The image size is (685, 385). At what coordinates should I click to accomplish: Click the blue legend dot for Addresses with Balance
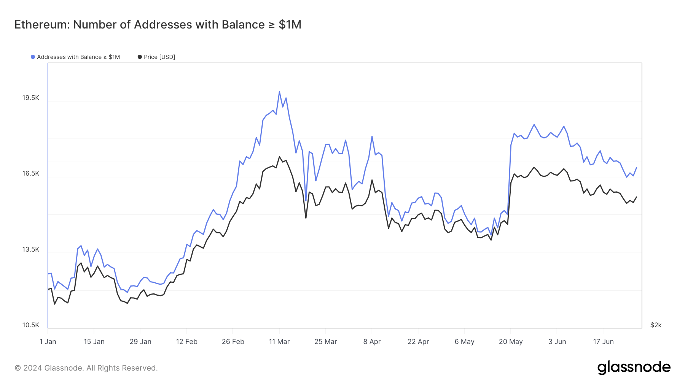33,57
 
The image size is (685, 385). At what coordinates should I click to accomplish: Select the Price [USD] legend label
159,57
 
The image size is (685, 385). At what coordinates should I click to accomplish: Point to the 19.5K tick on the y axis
31,98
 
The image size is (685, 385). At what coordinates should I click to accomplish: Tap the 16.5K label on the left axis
31,174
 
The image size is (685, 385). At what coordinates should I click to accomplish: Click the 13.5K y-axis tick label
31,250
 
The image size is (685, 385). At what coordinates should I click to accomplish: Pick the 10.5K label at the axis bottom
31,325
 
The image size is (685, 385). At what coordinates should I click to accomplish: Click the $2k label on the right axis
656,325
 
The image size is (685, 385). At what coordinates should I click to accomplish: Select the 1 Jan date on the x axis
48,342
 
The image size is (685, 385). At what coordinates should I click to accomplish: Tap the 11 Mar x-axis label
279,342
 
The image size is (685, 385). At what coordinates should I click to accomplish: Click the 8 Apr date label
372,342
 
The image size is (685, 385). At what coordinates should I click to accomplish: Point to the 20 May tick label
511,342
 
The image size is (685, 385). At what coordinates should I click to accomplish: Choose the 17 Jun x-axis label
603,342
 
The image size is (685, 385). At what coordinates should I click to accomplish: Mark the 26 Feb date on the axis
233,342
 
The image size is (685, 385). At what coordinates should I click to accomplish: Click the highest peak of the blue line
279,92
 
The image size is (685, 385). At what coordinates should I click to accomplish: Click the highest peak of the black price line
279,157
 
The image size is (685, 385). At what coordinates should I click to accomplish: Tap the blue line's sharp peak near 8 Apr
372,136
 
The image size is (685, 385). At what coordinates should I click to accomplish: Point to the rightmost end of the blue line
636,168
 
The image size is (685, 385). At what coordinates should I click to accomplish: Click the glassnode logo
634,368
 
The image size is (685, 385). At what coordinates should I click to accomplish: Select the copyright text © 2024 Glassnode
86,368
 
